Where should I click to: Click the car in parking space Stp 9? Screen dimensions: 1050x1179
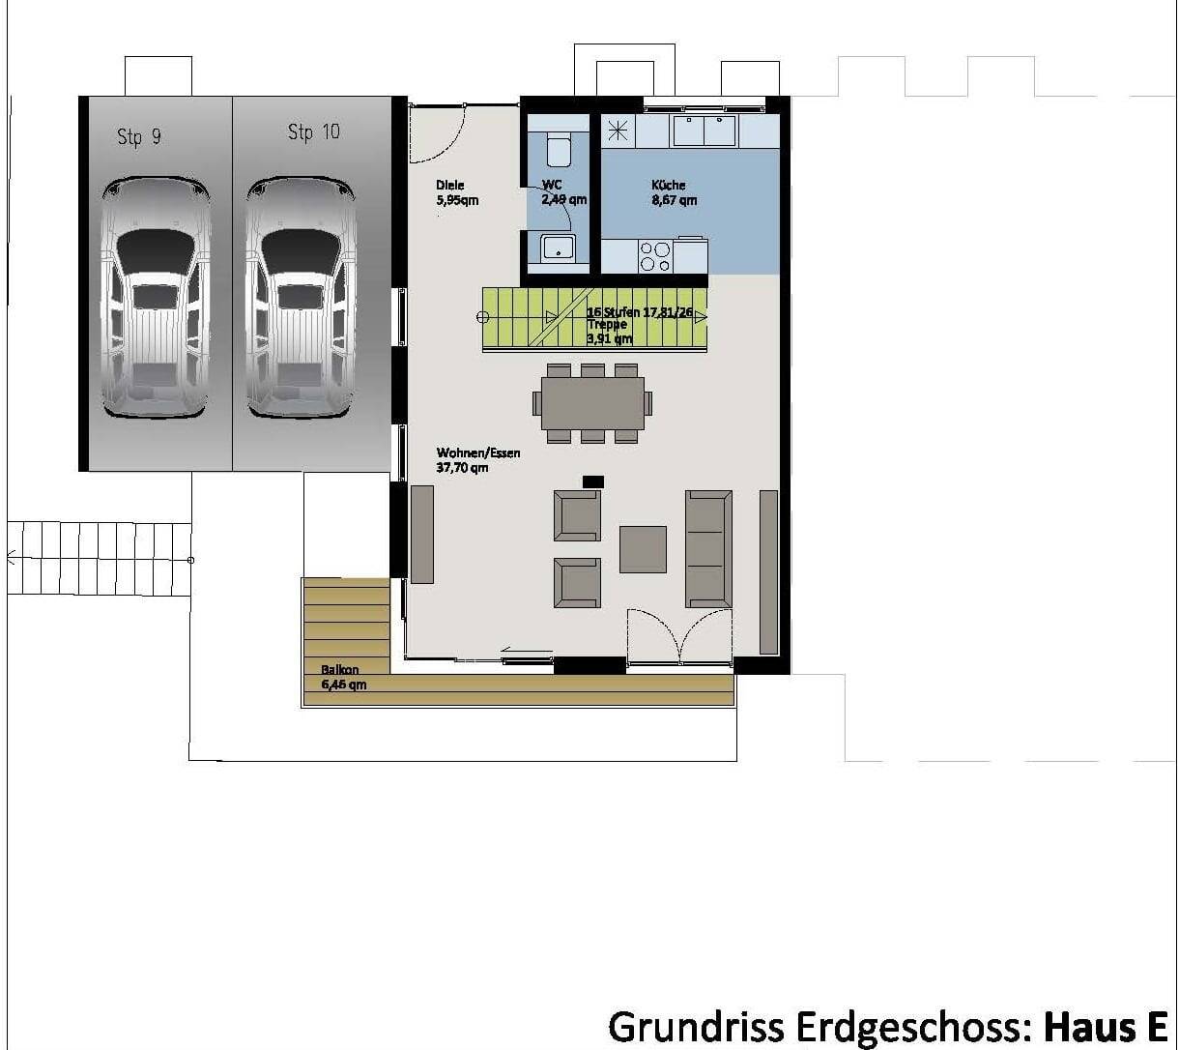[x=156, y=297]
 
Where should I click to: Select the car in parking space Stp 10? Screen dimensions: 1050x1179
[x=301, y=297]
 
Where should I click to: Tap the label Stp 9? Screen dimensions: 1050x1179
[x=139, y=136]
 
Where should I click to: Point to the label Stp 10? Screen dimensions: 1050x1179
[x=314, y=131]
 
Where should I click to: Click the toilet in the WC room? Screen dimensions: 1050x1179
[x=559, y=150]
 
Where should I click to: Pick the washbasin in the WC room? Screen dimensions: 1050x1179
[x=558, y=248]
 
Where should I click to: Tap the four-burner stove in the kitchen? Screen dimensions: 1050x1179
[x=655, y=256]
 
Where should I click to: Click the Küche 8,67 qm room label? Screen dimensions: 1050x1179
[x=674, y=192]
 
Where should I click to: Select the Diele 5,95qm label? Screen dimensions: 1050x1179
[x=456, y=192]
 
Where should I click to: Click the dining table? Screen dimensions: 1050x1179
[x=592, y=402]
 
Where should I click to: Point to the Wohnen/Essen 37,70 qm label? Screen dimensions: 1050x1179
[x=477, y=460]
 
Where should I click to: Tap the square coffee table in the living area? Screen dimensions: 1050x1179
[x=643, y=549]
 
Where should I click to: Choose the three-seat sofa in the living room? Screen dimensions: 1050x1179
[x=708, y=548]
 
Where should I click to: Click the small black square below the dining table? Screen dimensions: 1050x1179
[x=592, y=481]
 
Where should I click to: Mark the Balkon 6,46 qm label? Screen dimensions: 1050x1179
[x=343, y=677]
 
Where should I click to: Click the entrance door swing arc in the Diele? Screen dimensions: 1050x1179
[x=438, y=133]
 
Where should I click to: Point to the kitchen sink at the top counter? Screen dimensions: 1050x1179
[x=704, y=131]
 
